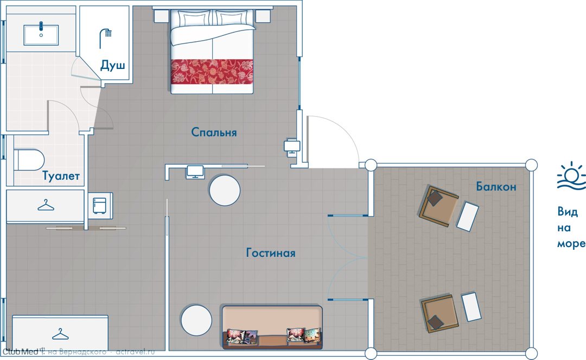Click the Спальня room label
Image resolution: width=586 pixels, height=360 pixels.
(x=214, y=132)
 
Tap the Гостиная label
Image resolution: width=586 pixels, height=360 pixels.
(x=271, y=252)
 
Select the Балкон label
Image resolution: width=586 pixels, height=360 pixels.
(x=496, y=186)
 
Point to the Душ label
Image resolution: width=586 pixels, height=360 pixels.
(x=112, y=65)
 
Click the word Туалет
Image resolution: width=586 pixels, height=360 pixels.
(x=61, y=176)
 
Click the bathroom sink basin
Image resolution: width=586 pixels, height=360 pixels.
(x=41, y=35)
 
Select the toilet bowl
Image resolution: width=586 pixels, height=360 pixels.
(x=29, y=160)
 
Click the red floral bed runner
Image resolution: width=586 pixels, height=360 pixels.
(x=212, y=72)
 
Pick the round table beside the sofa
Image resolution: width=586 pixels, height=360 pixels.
(x=196, y=320)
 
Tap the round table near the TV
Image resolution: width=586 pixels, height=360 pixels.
(x=225, y=190)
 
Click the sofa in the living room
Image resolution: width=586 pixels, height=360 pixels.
(x=272, y=327)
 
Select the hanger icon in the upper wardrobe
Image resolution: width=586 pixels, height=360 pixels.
(x=46, y=205)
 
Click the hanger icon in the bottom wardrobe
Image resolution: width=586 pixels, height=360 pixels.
(x=61, y=334)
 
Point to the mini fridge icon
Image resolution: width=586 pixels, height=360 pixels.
(x=99, y=206)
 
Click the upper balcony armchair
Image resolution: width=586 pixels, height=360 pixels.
(x=439, y=206)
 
